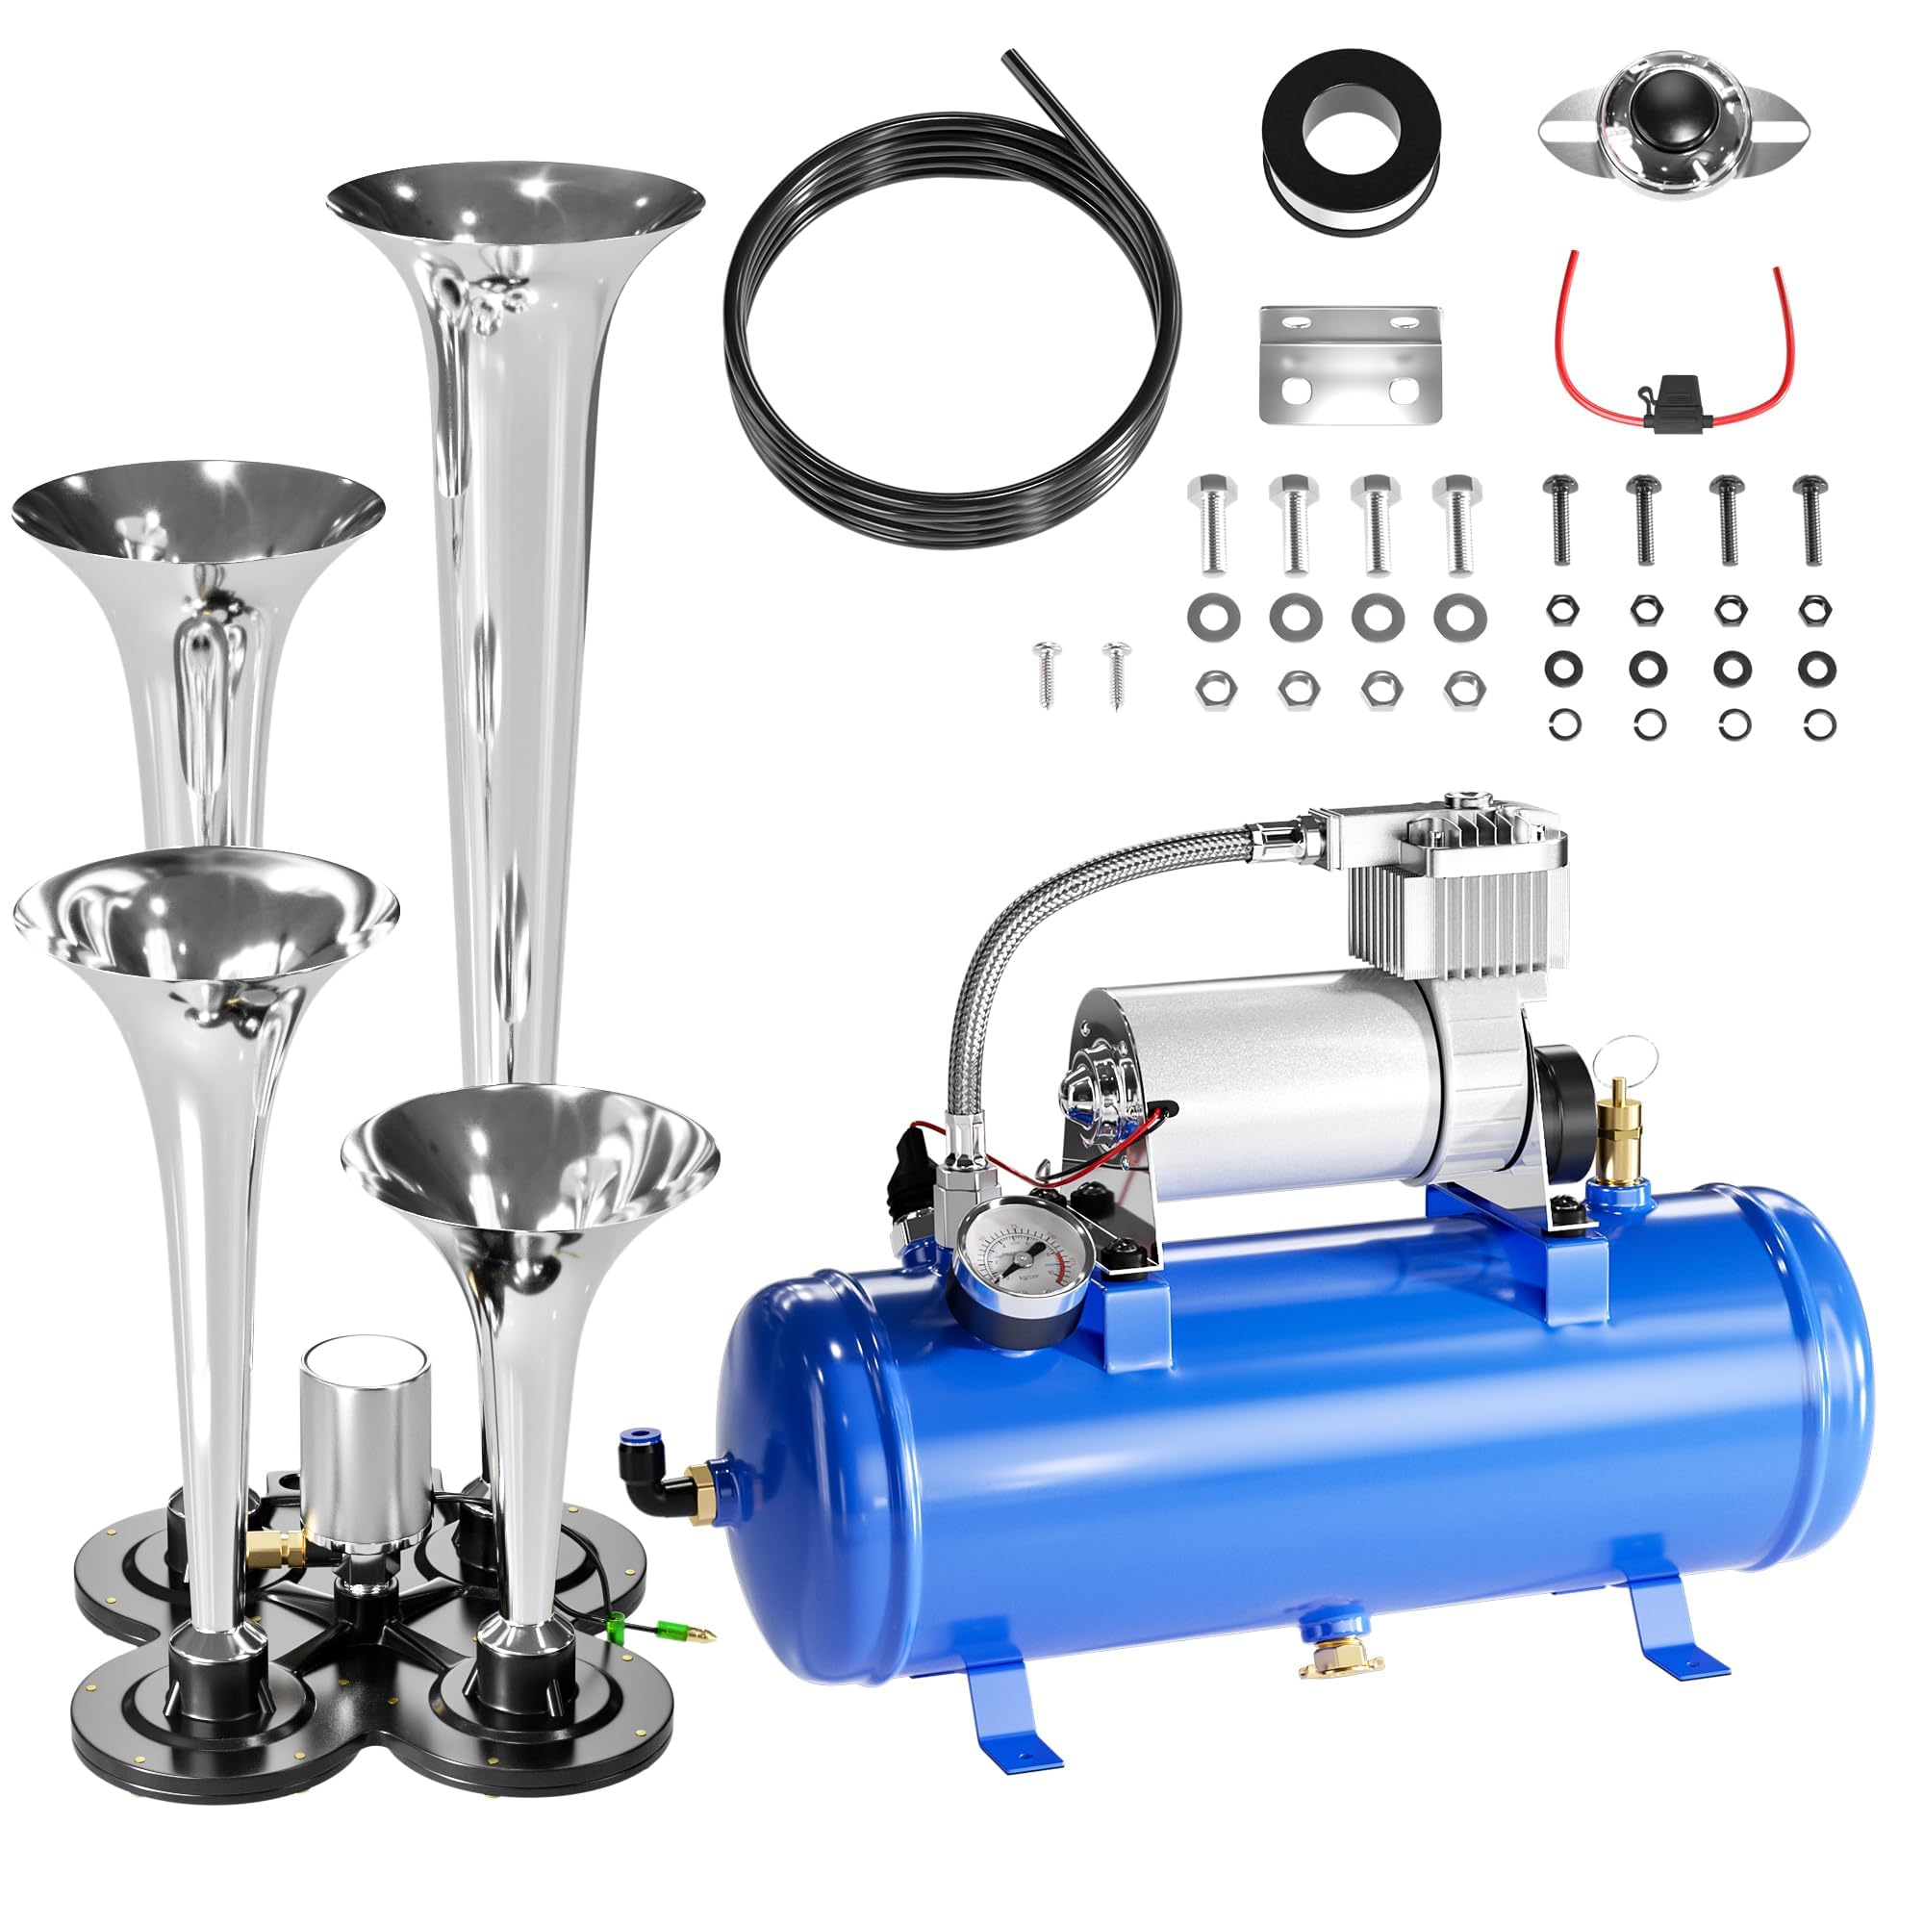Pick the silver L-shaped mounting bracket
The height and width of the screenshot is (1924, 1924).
(x=1350, y=365)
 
